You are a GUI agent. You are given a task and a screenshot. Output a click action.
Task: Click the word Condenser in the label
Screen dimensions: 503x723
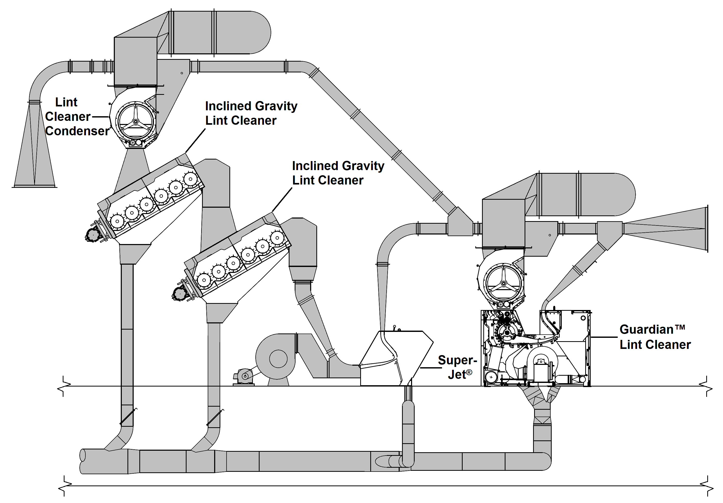tap(77, 131)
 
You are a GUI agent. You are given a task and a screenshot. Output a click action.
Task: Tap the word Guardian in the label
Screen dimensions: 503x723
tap(646, 329)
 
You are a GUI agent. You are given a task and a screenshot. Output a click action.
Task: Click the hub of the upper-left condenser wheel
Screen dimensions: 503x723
tap(135, 122)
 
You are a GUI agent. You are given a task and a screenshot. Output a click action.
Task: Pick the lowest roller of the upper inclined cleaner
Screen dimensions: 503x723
tap(117, 221)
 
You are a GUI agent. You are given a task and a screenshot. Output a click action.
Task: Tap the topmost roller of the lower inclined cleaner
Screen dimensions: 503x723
tap(277, 238)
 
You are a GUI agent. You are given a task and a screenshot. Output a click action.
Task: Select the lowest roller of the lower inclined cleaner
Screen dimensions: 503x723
tap(204, 280)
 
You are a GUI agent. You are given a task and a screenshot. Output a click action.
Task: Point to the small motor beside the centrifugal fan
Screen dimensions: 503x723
tap(244, 376)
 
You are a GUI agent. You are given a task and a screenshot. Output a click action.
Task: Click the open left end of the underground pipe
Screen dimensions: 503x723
tap(83, 461)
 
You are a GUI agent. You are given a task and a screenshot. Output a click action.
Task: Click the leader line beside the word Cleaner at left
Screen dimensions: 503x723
tap(100, 117)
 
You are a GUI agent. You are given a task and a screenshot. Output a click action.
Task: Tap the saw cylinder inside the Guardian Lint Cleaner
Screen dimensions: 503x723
tap(507, 332)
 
